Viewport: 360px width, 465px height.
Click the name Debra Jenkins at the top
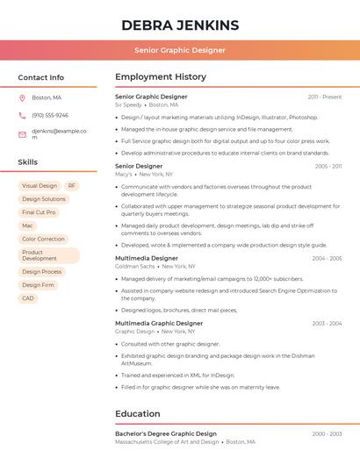click(x=179, y=25)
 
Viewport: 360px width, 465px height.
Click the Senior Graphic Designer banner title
click(x=179, y=50)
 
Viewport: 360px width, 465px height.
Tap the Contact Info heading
click(x=40, y=77)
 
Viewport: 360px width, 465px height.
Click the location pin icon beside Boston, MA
click(x=22, y=97)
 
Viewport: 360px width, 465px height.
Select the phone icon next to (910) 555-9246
click(x=22, y=115)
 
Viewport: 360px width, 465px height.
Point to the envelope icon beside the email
click(x=22, y=134)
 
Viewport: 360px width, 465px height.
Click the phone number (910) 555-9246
click(x=50, y=115)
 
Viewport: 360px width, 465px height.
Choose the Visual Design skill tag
click(x=39, y=186)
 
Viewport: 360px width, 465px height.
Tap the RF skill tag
click(x=71, y=186)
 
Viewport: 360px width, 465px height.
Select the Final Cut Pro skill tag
click(x=39, y=212)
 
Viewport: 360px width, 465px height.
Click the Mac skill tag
click(x=27, y=225)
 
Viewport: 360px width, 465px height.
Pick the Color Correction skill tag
click(x=43, y=239)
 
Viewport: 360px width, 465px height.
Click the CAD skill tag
click(x=28, y=298)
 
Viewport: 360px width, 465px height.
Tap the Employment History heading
click(x=160, y=77)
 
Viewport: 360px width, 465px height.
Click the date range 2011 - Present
click(x=325, y=97)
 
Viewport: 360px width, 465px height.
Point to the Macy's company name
click(x=124, y=174)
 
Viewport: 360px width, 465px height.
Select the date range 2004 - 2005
click(x=327, y=259)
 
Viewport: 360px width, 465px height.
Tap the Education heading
click(x=137, y=413)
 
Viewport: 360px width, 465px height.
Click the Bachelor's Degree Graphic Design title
click(x=165, y=433)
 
